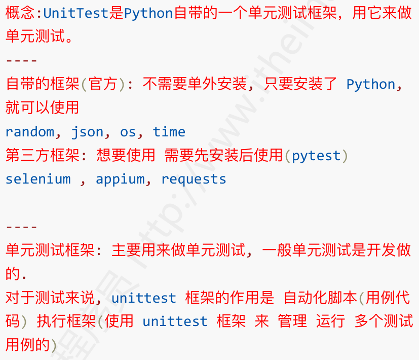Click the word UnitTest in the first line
(76, 13)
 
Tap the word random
(29, 132)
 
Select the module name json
(87, 132)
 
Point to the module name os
(128, 132)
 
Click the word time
(169, 132)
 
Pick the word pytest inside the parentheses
(316, 156)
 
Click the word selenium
(38, 179)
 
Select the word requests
(194, 179)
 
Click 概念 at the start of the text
(18, 13)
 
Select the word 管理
(292, 321)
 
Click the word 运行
(330, 321)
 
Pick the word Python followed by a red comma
(370, 84)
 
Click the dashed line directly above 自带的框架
(21, 61)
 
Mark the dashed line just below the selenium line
(21, 227)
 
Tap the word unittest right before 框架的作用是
(144, 298)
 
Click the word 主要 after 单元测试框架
(124, 250)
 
